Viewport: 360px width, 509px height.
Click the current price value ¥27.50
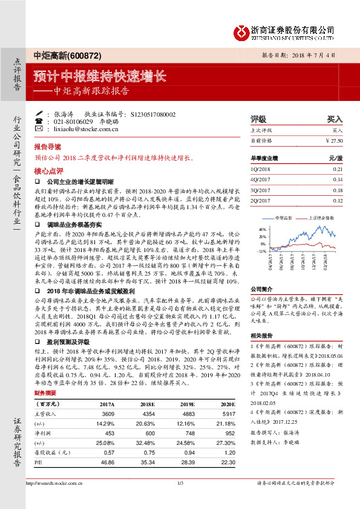[333, 140]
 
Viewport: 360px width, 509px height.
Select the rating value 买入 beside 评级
[335, 119]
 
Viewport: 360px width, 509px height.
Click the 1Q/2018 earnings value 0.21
[337, 170]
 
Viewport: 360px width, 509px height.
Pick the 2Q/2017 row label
[260, 200]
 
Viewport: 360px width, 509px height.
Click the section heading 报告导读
[48, 147]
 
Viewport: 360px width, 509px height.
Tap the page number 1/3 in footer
[180, 501]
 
